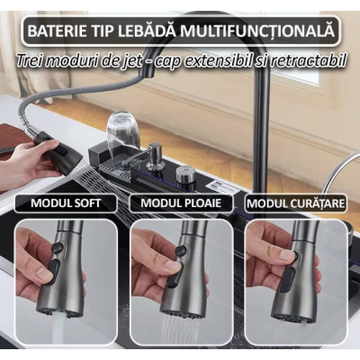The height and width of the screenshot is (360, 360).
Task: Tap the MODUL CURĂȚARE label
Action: [x=295, y=202]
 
